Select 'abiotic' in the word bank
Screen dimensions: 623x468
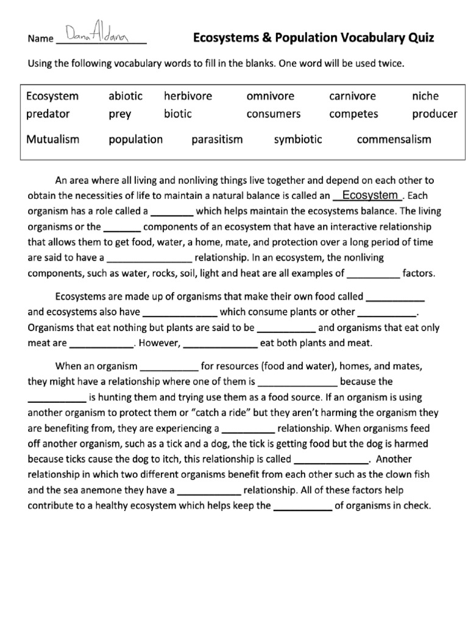click(126, 96)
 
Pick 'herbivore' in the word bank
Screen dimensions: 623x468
click(188, 96)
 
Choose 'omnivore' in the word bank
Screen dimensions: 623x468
click(270, 96)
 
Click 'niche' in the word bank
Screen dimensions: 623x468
click(425, 96)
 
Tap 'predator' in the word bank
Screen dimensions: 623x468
click(48, 114)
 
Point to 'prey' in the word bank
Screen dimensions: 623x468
click(119, 114)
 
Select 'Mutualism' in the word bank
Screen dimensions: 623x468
click(52, 139)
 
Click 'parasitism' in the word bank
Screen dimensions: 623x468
click(217, 139)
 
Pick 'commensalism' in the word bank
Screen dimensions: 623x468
click(394, 139)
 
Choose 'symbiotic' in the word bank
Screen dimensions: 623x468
click(298, 139)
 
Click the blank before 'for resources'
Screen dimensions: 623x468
click(169, 367)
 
